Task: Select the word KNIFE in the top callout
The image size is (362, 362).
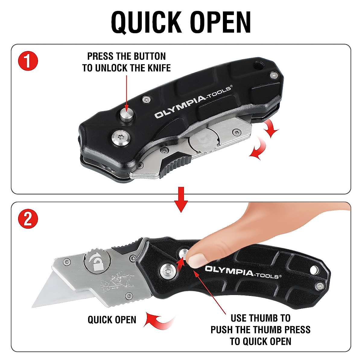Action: pos(157,68)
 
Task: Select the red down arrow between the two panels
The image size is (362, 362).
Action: pos(181,199)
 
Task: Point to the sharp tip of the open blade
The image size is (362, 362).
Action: pos(33,306)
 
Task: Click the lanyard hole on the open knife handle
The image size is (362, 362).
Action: pos(314,269)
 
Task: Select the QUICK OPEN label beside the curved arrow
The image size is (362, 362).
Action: pos(112,320)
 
